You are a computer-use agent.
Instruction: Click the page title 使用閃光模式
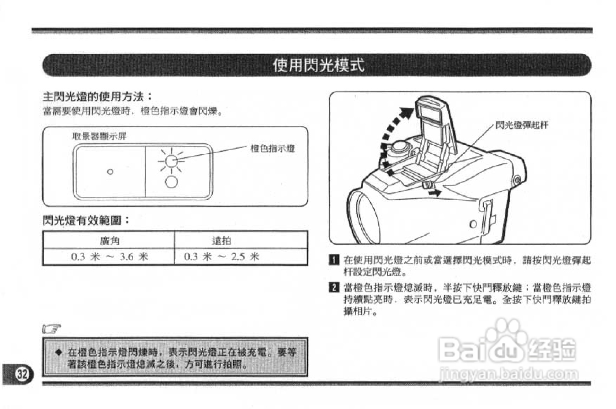[318, 66]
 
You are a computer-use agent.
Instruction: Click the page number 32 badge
[22, 374]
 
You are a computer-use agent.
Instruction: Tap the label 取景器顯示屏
[99, 136]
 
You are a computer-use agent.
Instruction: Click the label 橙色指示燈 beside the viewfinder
[272, 148]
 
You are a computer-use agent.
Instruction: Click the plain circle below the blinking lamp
[171, 181]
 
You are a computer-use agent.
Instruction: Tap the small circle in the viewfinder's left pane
[110, 172]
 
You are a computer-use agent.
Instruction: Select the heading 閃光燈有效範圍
[86, 220]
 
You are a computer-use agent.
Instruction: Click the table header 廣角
[110, 241]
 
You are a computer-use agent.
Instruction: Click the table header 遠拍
[222, 241]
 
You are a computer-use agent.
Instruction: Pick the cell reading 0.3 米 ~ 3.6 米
[110, 257]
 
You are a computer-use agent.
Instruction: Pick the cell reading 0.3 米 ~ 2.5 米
[222, 257]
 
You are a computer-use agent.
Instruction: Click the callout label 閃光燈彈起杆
[522, 125]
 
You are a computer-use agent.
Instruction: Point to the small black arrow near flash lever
[435, 192]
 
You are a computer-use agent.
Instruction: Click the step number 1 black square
[334, 261]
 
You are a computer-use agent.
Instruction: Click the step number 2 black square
[334, 288]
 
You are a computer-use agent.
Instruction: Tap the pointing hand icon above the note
[51, 329]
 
